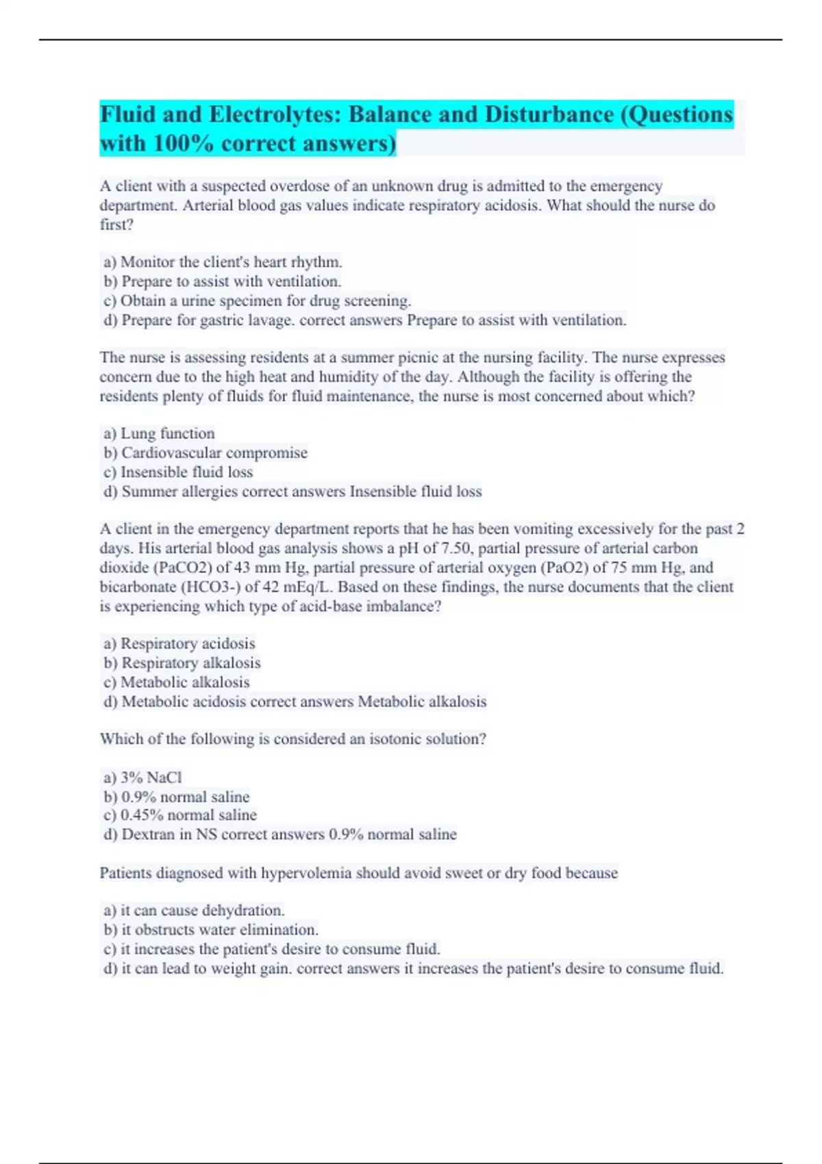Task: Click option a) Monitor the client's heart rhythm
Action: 223,262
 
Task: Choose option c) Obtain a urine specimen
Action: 257,301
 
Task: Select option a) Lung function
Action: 159,433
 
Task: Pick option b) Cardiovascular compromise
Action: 206,453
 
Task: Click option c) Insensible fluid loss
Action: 178,472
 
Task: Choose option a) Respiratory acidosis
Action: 179,644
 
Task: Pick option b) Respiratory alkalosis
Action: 182,663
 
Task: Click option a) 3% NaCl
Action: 142,777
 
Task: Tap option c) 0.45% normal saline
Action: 180,815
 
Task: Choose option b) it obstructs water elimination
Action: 211,930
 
